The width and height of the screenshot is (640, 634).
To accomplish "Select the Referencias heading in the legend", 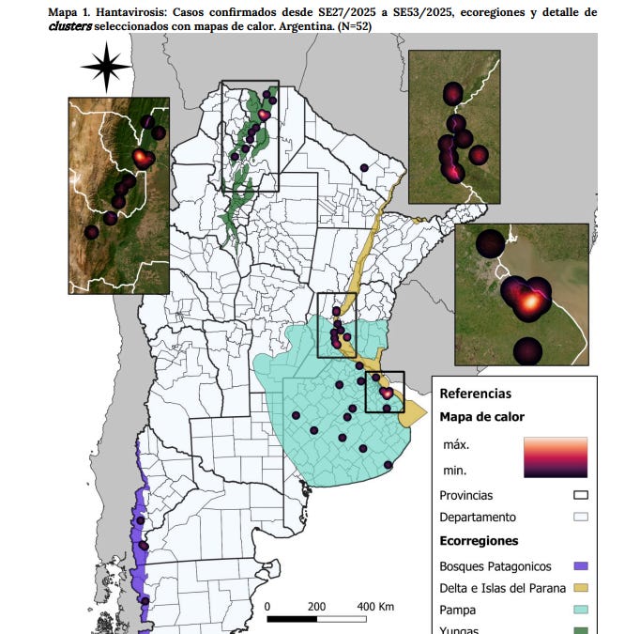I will tap(475, 394).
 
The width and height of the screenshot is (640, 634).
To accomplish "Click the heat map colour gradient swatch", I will tap(556, 456).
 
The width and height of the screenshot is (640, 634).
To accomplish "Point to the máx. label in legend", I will tap(456, 443).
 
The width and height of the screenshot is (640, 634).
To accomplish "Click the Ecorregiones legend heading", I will tap(479, 541).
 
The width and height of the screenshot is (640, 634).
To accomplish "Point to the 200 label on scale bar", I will tap(316, 606).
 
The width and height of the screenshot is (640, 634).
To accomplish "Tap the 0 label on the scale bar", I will tap(267, 606).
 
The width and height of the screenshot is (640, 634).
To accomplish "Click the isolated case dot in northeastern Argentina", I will tap(363, 168).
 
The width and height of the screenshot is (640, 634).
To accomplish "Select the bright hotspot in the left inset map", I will tap(143, 157).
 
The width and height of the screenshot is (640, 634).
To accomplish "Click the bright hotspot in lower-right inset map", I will tap(531, 302).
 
